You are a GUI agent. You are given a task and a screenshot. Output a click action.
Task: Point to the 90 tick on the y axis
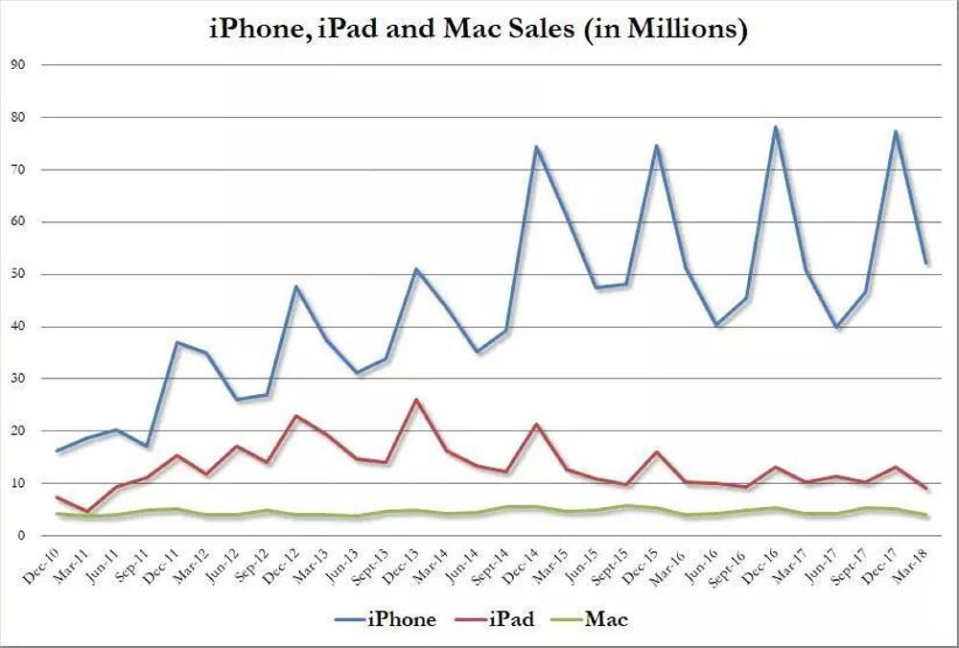[x=17, y=65]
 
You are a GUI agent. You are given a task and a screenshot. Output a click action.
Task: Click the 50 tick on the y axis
[x=17, y=274]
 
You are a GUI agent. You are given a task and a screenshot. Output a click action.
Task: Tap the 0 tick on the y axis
[x=20, y=536]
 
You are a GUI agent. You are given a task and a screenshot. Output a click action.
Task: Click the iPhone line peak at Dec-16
[x=775, y=127]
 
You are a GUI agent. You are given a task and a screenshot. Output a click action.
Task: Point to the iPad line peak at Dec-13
[x=415, y=400]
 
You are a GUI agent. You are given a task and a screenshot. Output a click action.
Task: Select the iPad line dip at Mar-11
[x=87, y=512]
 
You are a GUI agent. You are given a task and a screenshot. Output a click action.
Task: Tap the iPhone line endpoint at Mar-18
[x=925, y=264]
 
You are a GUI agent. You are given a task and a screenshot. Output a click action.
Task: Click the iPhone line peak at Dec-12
[x=295, y=287]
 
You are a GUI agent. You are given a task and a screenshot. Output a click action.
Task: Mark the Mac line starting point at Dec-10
[x=58, y=514]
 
